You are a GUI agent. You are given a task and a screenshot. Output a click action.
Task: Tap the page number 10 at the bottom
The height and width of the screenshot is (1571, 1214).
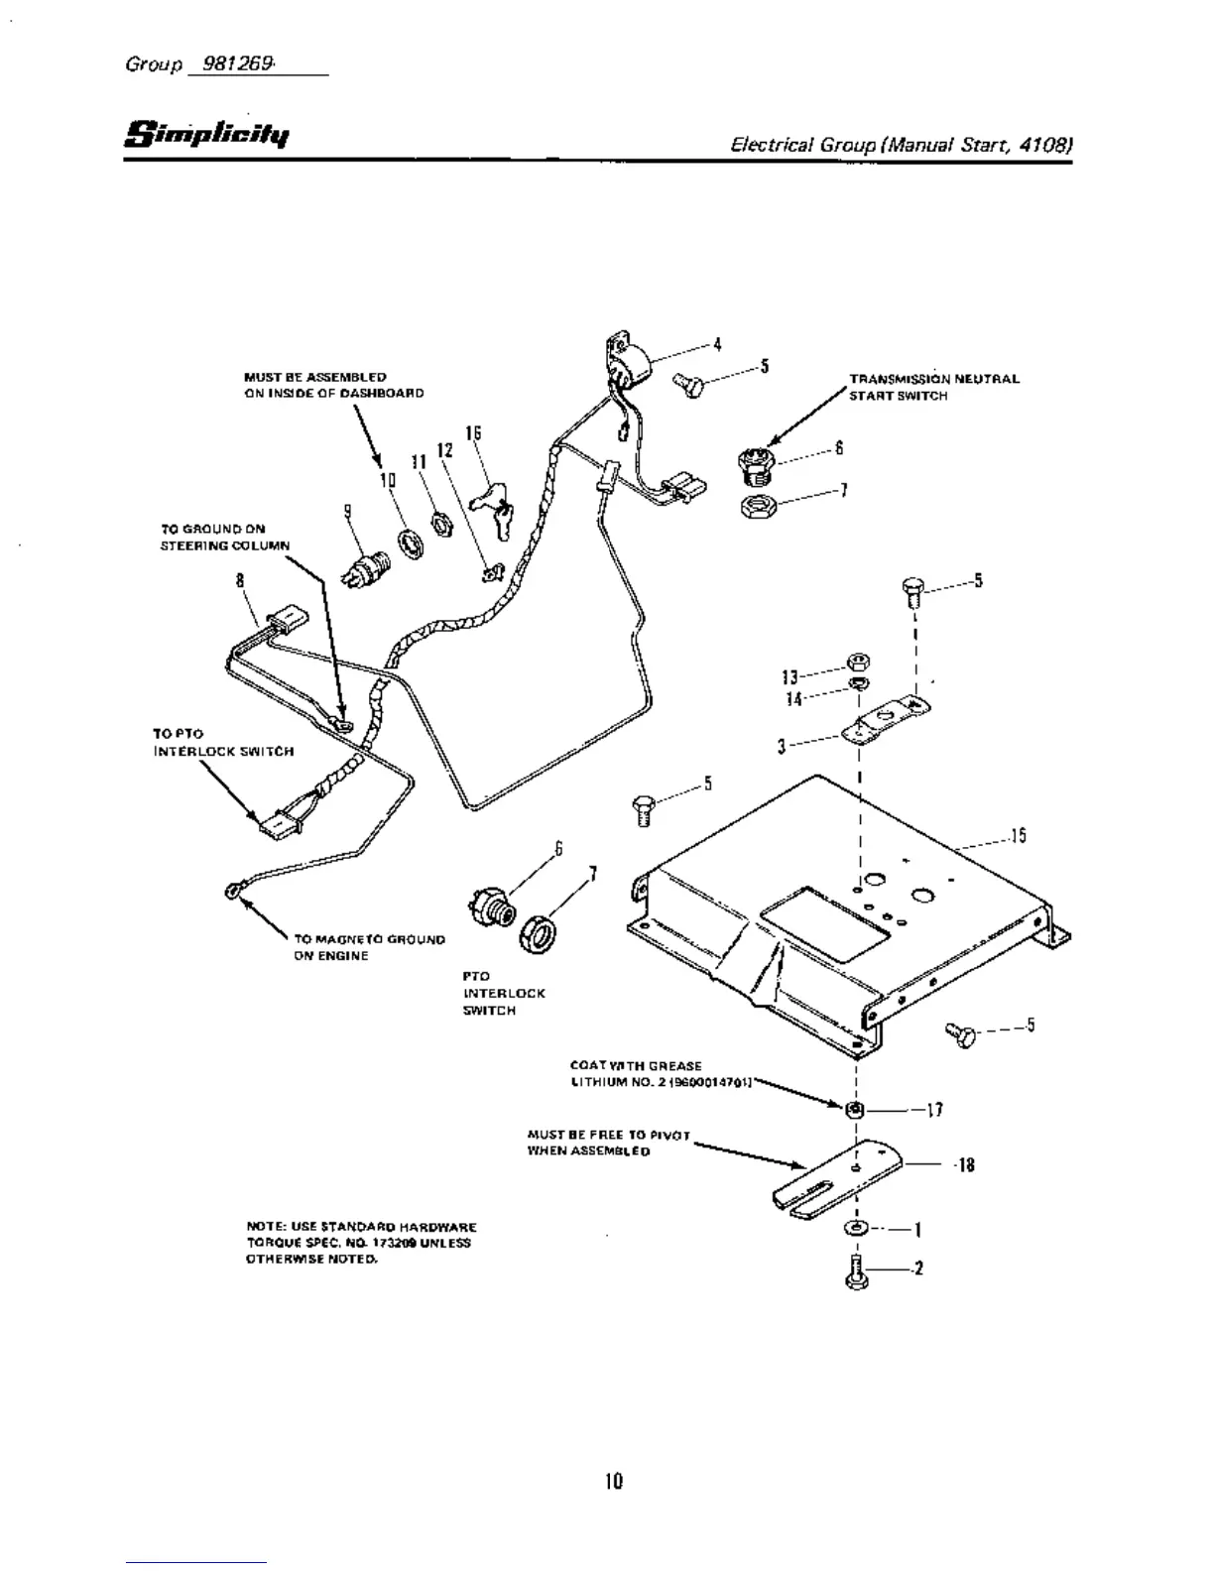[614, 1481]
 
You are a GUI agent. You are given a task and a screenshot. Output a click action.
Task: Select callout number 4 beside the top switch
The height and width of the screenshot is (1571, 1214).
[717, 344]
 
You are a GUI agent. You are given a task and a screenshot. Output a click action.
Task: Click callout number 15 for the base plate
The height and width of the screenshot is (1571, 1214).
[1018, 836]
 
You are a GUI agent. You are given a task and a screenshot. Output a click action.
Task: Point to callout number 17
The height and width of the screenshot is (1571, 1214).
[933, 1110]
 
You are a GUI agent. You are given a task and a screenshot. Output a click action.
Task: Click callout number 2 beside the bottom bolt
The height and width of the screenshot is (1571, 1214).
[919, 1268]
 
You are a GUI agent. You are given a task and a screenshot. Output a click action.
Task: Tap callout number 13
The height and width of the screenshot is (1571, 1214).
[789, 677]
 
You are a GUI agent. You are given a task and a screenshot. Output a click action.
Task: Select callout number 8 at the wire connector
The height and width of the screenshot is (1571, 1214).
[240, 582]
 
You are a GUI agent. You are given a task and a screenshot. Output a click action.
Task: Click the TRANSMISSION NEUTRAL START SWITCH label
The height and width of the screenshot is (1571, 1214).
[932, 387]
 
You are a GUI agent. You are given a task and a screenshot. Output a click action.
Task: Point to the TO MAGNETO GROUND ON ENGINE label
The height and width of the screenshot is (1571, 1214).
[369, 947]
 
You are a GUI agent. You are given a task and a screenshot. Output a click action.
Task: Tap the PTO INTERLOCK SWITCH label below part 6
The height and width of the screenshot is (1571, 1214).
[490, 993]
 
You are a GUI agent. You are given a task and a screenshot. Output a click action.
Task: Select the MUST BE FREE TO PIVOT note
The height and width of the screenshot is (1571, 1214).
[608, 1143]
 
